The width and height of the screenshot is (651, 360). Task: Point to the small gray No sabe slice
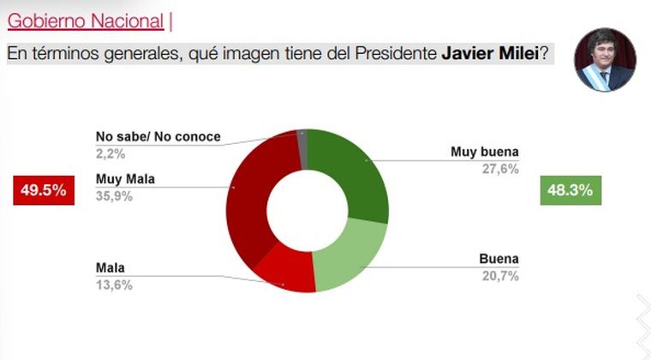(302, 141)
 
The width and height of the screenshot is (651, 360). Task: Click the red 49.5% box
(41, 190)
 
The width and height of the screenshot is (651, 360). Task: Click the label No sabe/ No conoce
(158, 136)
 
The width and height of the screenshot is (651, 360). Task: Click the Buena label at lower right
(499, 259)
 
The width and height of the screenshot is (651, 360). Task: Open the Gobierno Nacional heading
(85, 21)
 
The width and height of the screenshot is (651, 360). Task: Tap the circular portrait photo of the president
(605, 60)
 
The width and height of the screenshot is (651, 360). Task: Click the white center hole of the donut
(306, 211)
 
